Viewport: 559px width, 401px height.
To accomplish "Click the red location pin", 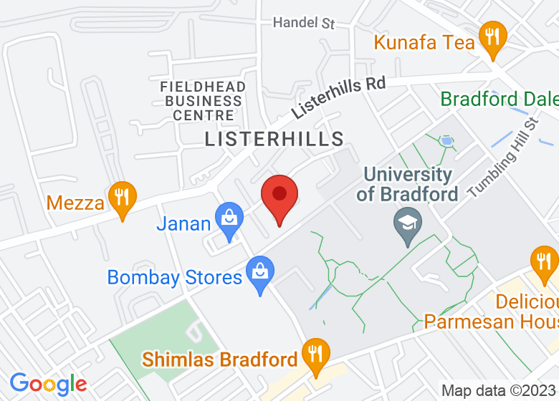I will pos(279,198).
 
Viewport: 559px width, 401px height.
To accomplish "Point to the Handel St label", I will pos(304,23).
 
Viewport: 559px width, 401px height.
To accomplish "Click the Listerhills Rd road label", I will pos(338,98).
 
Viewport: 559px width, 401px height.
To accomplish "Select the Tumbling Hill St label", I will pos(503,159).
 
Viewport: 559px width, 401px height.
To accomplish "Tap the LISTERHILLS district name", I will pos(274,139).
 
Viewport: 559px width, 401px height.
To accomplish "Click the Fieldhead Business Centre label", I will pos(203,101).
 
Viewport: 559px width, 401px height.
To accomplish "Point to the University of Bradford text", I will pos(408,184).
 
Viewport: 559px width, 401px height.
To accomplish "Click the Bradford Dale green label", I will pos(499,98).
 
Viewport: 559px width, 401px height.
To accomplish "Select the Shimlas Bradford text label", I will pos(220,359).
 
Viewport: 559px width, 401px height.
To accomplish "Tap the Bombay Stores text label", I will pos(175,277).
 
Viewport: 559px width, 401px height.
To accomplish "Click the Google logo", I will pos(49,385).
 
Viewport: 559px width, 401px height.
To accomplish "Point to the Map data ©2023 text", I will pos(499,391).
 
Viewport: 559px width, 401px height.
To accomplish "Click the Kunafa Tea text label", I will pos(424,43).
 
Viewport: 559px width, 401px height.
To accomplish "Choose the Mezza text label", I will pos(76,203).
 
